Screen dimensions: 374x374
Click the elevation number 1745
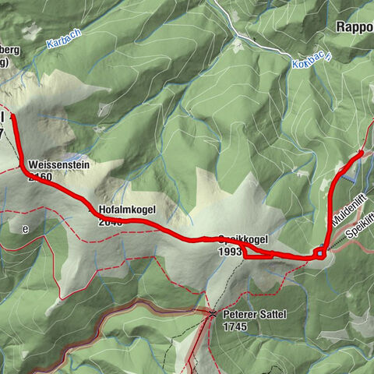tap(234, 326)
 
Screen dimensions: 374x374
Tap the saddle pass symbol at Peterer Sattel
tap(213, 314)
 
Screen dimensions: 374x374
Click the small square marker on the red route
tap(320, 253)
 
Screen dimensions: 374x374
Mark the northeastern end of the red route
tap(362, 153)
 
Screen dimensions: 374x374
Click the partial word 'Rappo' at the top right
tap(355, 26)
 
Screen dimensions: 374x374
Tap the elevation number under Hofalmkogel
tap(111, 221)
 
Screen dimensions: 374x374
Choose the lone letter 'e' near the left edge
tap(25, 229)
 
